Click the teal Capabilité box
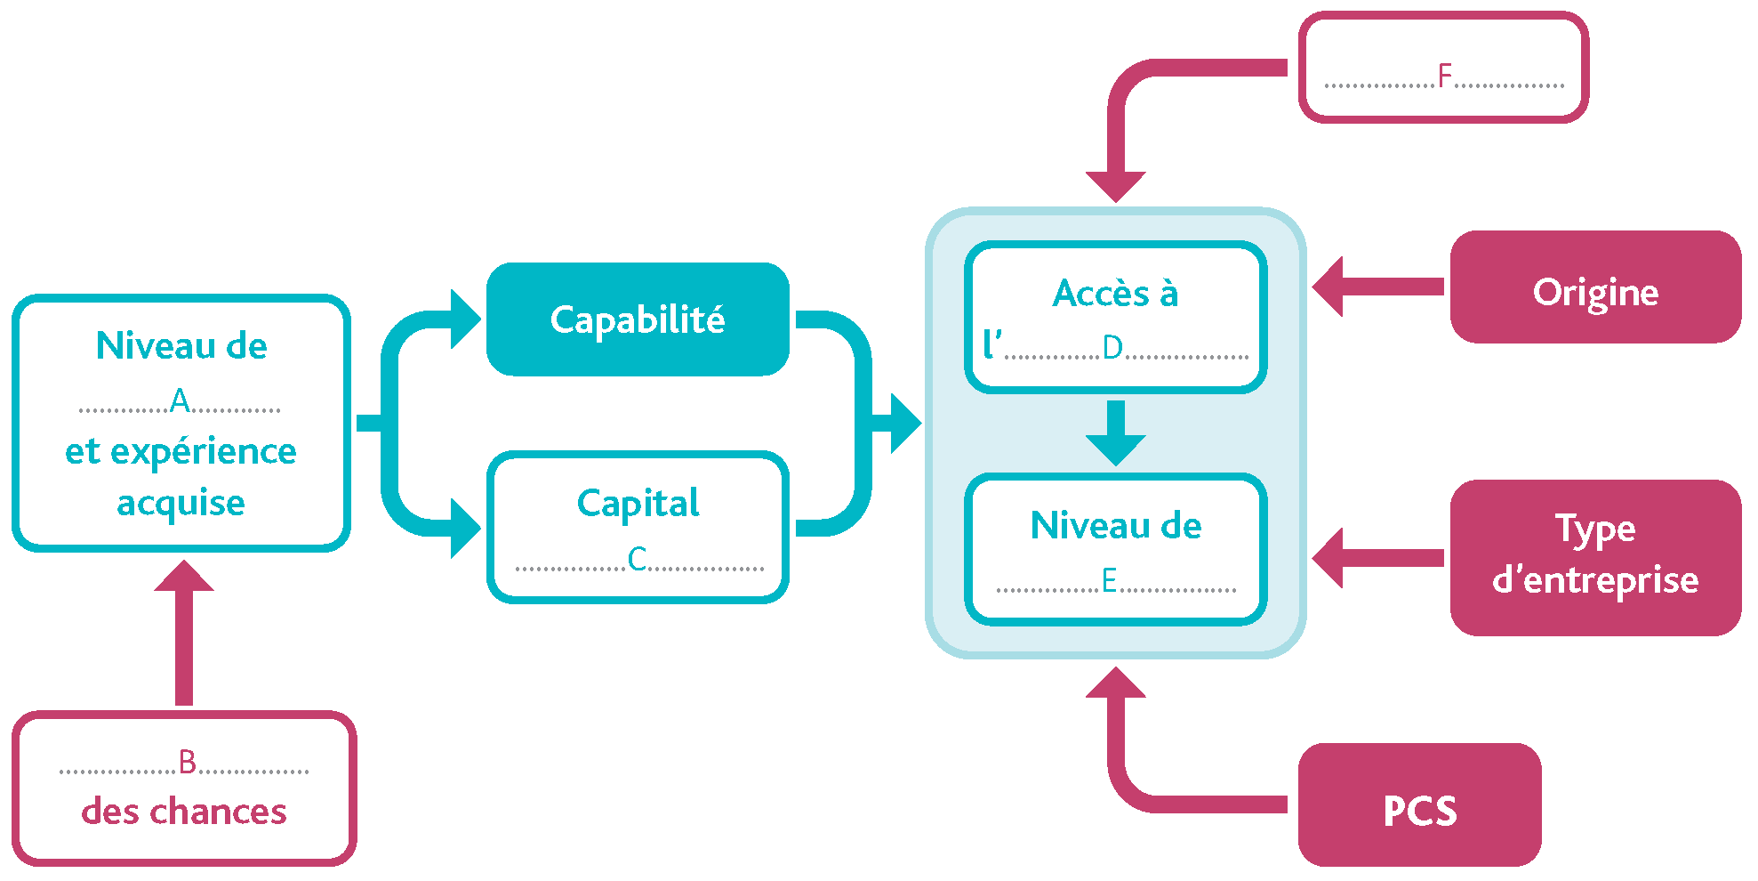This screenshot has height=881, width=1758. (638, 319)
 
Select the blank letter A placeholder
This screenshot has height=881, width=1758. (181, 401)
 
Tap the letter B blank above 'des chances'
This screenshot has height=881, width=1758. (187, 763)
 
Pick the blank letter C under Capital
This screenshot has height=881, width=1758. (638, 559)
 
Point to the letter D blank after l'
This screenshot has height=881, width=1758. (1112, 348)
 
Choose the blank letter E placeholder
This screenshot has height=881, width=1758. (1109, 581)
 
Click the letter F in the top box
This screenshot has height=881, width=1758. (1445, 77)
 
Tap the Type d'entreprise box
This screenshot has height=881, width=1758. (1595, 557)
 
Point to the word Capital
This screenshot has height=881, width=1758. (638, 503)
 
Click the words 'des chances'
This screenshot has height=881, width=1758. (184, 812)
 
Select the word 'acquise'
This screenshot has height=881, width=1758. (181, 503)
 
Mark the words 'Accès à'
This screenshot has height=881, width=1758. (1115, 294)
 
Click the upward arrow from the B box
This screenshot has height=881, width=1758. (184, 632)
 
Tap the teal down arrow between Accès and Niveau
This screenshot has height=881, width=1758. (1116, 433)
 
